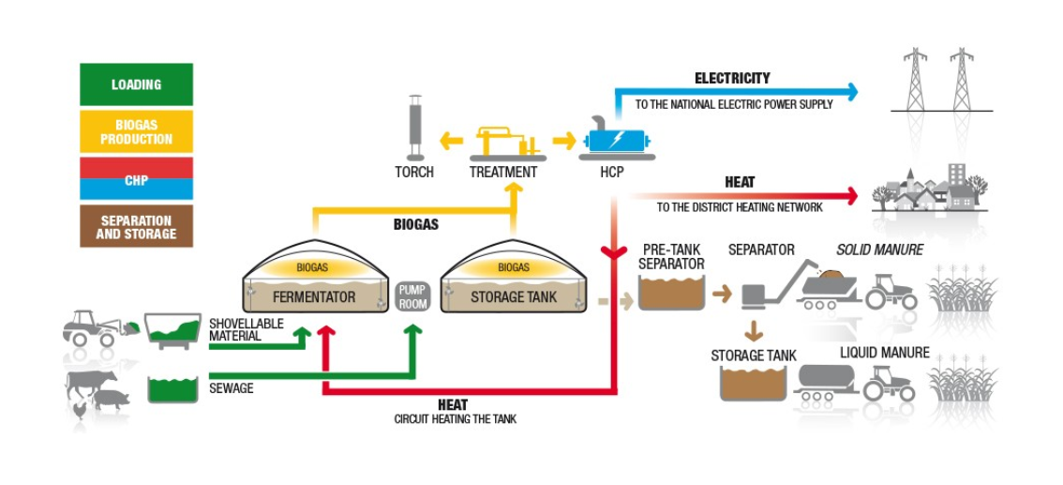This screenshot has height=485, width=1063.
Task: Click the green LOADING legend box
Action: click(136, 84)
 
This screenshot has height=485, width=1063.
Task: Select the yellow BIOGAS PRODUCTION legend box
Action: click(136, 131)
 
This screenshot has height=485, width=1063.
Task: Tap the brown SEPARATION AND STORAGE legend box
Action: click(136, 227)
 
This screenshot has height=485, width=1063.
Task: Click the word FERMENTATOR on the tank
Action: click(314, 297)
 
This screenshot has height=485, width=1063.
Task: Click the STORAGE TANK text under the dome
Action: click(514, 297)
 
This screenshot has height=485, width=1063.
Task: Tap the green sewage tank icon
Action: click(172, 389)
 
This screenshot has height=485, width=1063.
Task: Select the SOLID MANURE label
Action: click(879, 250)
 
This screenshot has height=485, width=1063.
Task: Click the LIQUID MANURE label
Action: click(884, 353)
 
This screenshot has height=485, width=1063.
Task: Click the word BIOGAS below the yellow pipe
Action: click(415, 225)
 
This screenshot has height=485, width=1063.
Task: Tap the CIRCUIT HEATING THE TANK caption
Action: click(455, 419)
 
